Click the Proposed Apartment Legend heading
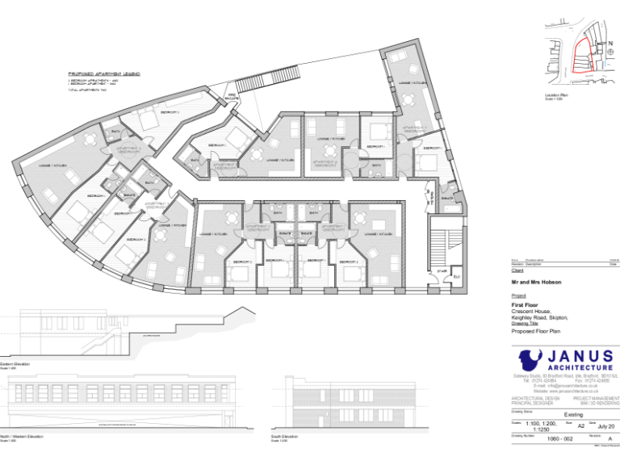104,73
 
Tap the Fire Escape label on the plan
230,98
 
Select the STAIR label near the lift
442,271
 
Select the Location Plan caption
557,95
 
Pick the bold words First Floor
526,305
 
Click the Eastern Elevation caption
15,364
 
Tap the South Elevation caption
286,436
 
